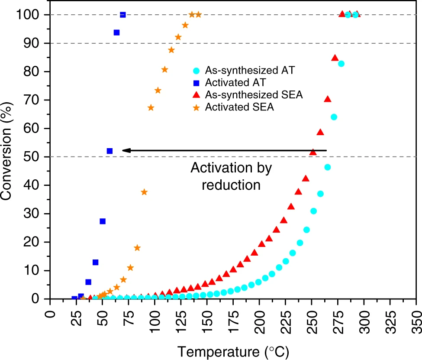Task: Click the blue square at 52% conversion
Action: click(110, 151)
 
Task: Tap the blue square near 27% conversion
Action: click(103, 221)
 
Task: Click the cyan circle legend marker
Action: click(196, 70)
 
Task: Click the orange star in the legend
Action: click(196, 107)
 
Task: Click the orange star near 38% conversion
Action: click(144, 192)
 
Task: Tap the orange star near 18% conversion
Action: click(137, 248)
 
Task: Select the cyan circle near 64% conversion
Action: click(334, 117)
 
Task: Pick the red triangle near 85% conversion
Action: click(335, 58)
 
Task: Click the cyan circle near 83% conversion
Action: click(341, 64)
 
